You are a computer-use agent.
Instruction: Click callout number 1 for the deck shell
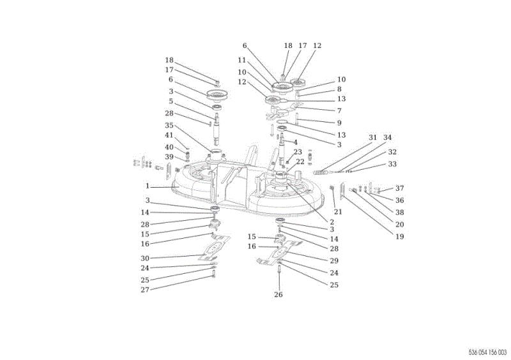pos(148,186)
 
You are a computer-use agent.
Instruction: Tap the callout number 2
pos(332,222)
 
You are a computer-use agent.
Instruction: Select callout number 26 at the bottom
pos(278,294)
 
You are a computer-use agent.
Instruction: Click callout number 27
pos(145,290)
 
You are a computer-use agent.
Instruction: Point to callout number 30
pos(145,259)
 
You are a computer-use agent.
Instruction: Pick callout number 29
pos(334,260)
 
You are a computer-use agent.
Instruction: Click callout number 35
pos(169,126)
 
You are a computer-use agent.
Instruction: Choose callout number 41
pos(169,135)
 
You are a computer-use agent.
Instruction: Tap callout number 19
pos(400,237)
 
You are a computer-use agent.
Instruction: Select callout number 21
pos(338,212)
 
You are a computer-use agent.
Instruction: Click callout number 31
pos(372,137)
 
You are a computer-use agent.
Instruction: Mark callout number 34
pos(387,137)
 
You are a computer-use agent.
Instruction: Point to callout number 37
pos(400,188)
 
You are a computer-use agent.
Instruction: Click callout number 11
pos(241,60)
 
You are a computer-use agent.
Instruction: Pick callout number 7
pos(339,111)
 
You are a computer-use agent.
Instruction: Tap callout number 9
pos(339,123)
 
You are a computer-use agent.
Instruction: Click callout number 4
pos(295,142)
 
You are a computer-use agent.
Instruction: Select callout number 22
pos(300,161)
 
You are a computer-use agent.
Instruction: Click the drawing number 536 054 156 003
pos(488,352)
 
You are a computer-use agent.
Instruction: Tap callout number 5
pos(171,101)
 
